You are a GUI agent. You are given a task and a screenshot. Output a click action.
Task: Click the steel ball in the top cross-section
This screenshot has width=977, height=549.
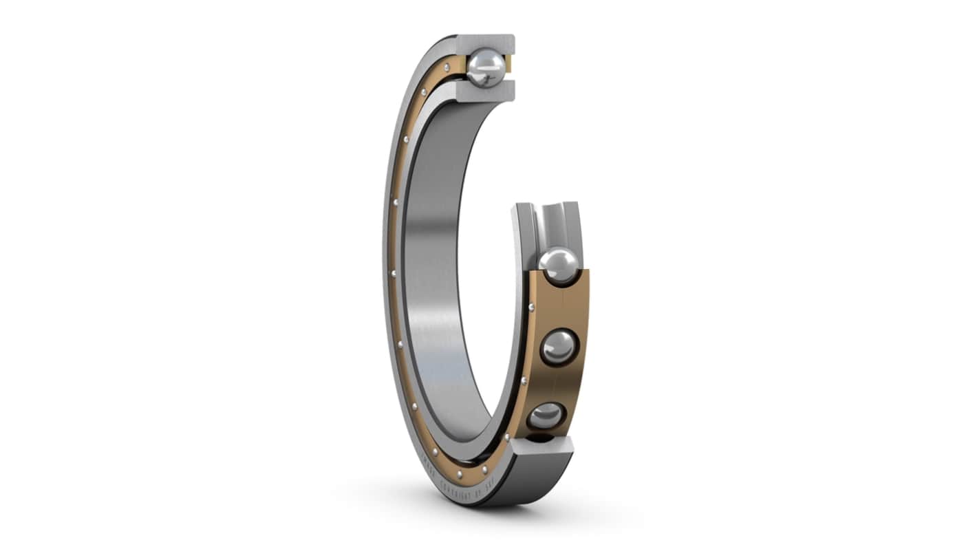click(486, 67)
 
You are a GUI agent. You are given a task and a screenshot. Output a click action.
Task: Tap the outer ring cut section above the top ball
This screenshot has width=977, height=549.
click(486, 41)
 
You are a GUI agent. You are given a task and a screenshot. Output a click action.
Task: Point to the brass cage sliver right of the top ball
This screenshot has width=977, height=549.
click(509, 65)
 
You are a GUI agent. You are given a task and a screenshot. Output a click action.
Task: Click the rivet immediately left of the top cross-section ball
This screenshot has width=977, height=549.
click(447, 67)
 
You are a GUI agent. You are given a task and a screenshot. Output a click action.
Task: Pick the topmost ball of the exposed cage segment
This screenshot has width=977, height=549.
click(558, 266)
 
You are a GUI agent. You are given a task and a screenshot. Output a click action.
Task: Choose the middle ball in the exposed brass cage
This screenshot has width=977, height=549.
click(559, 347)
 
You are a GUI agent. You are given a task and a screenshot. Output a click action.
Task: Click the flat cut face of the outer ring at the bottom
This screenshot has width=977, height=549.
click(541, 446)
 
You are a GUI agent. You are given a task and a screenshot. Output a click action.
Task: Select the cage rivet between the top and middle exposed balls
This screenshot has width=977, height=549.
click(530, 307)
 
